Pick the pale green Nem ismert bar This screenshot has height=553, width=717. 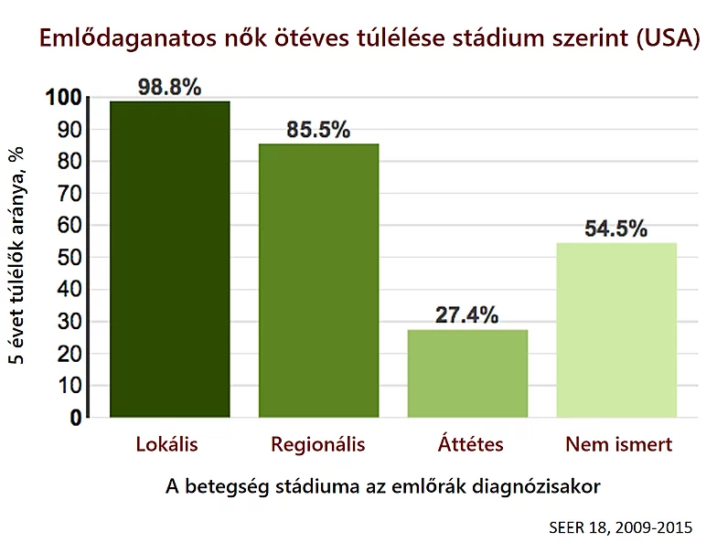pos(617,329)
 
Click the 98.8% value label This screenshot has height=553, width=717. pos(169,87)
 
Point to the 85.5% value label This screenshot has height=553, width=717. pos(318,130)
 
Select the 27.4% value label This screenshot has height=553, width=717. pos(467,315)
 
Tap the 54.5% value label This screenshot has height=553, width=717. pos(617,229)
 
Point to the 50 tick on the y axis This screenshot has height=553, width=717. pos(70,258)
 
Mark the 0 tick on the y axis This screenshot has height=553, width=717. pos(76,418)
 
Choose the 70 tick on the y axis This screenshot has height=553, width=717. pos(70,194)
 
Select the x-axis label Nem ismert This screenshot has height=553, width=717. pos(619,445)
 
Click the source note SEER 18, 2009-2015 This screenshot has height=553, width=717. pos(621,527)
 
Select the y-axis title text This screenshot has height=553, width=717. pos(17,256)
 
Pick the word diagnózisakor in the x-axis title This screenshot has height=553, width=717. pos(540,486)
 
